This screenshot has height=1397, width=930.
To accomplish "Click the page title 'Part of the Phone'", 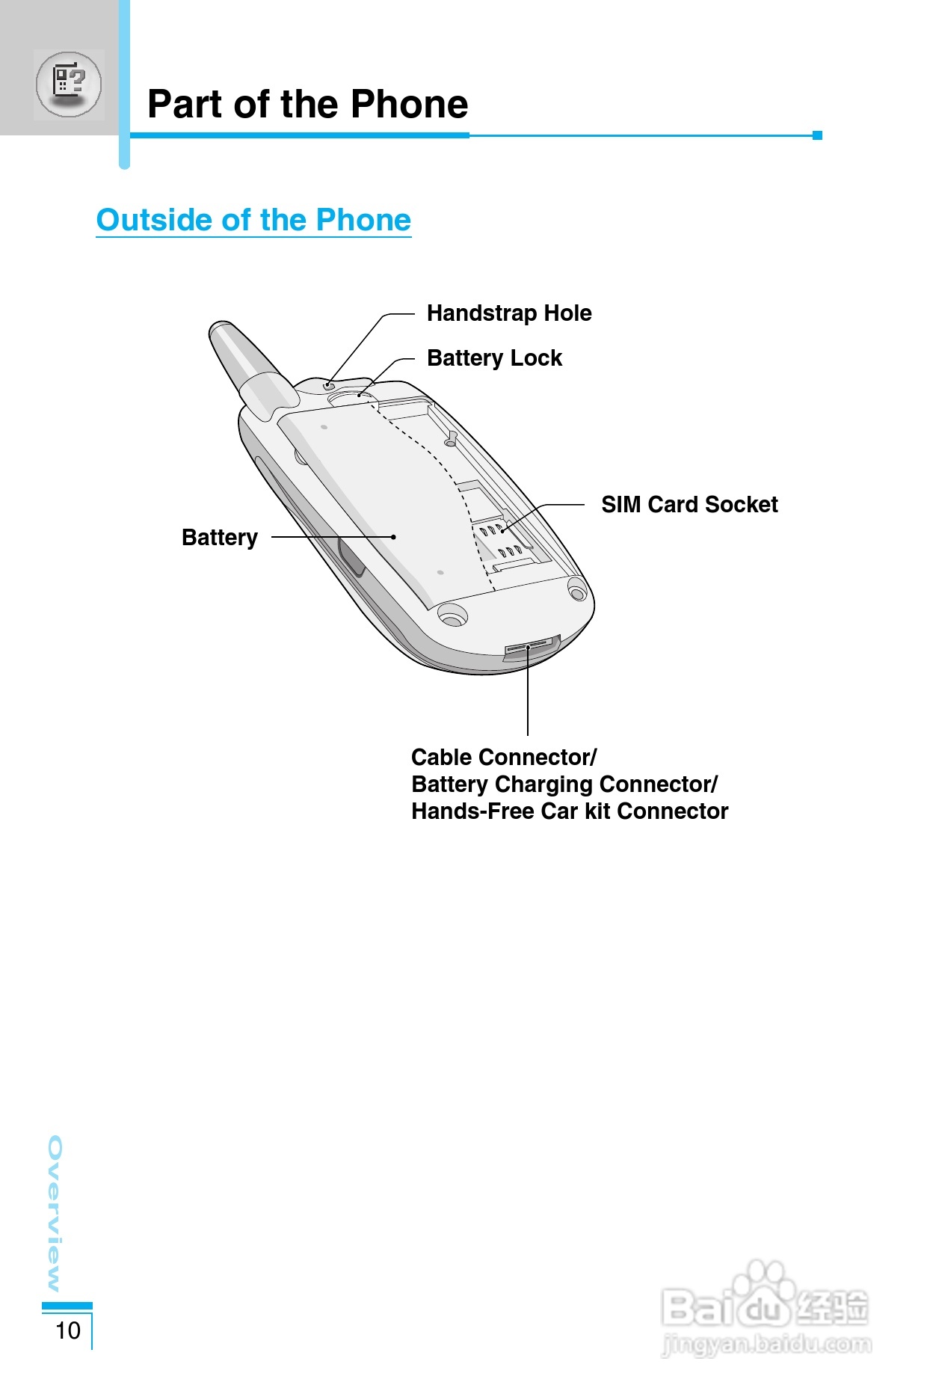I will click(307, 105).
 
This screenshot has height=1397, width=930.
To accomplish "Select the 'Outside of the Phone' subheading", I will click(253, 220).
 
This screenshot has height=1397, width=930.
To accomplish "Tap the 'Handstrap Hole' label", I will click(508, 313).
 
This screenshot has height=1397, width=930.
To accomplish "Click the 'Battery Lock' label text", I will click(494, 358).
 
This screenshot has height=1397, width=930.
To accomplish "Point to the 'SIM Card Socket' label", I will click(689, 505).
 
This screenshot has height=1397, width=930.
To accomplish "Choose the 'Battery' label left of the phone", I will click(219, 538).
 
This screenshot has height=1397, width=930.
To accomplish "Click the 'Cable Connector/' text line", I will click(504, 758).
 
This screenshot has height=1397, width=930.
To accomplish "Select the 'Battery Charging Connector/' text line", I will click(564, 785).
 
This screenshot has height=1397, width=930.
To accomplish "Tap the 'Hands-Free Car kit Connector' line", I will click(570, 811).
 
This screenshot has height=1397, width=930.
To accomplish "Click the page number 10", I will click(68, 1330).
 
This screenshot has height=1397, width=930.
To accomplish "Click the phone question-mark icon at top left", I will click(69, 84).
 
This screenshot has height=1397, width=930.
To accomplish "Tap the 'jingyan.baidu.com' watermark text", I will click(767, 1345).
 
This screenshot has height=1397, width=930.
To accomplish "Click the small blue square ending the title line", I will click(817, 135).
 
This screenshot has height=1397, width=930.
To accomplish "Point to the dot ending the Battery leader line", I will click(394, 537).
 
